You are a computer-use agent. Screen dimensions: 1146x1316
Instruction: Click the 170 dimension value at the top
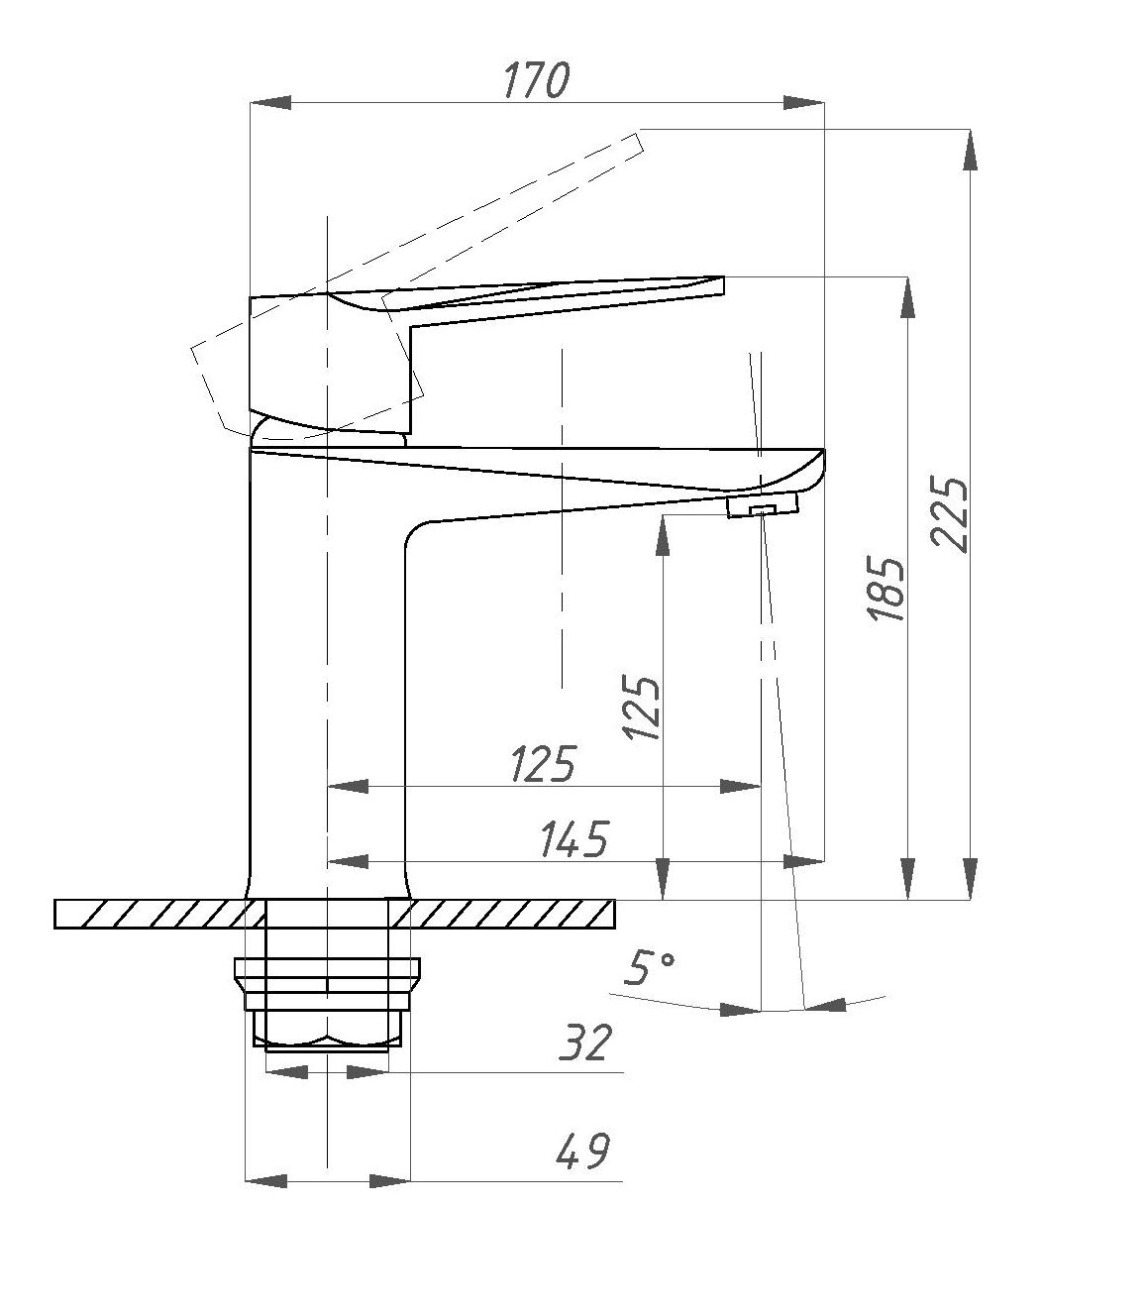pyautogui.click(x=536, y=80)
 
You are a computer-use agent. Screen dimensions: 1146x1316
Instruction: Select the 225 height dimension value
pyautogui.click(x=949, y=514)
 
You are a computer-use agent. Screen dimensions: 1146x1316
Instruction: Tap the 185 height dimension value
pyautogui.click(x=886, y=590)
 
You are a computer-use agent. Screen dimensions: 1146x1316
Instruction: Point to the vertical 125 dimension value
pyautogui.click(x=641, y=708)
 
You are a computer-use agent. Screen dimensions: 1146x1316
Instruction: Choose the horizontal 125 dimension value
pyautogui.click(x=543, y=764)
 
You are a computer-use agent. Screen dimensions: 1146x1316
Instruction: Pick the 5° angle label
pyautogui.click(x=650, y=986)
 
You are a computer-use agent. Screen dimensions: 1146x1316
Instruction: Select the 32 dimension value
pyautogui.click(x=583, y=1061)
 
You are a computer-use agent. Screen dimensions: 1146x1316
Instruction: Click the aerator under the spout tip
pyautogui.click(x=763, y=505)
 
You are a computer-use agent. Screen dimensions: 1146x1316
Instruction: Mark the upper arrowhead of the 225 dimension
pyautogui.click(x=971, y=151)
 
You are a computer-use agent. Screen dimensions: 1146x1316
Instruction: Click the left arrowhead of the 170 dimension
pyautogui.click(x=270, y=102)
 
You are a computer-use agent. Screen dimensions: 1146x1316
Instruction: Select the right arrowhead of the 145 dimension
pyautogui.click(x=803, y=860)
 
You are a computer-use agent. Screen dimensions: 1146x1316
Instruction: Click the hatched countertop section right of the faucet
pyautogui.click(x=502, y=914)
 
